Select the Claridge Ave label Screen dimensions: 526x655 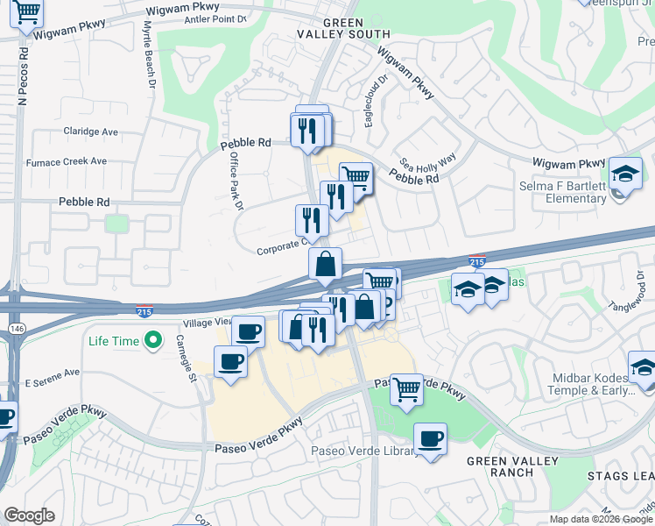tap(90, 131)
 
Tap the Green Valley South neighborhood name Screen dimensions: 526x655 tap(356, 28)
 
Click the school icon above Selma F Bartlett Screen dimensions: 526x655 tap(625, 173)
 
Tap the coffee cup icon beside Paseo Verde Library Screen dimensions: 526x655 tap(430, 438)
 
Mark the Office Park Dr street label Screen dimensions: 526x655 tap(236, 181)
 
